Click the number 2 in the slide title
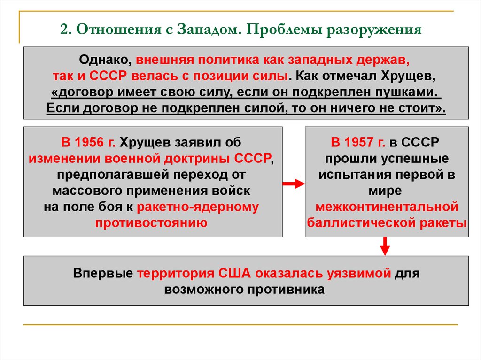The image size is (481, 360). (63, 31)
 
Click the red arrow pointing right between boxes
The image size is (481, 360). (294, 184)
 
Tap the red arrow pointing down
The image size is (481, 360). (385, 245)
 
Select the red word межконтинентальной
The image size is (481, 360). (387, 206)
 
